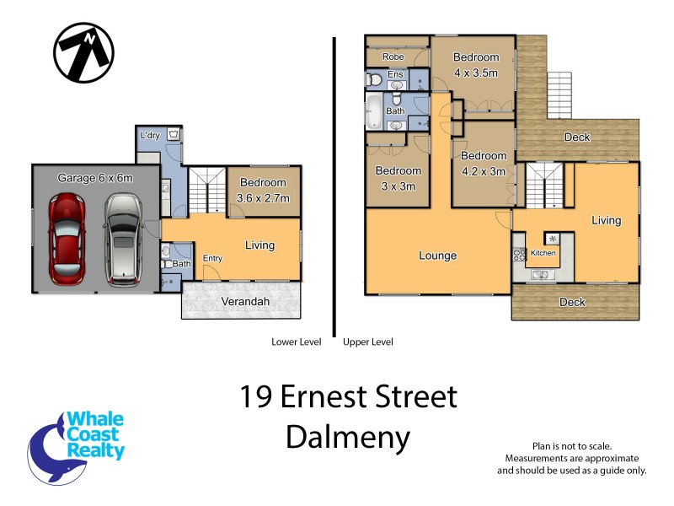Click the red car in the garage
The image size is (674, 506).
pos(67,240)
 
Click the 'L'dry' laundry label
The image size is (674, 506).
pos(151,135)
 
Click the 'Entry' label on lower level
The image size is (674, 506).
pos(212,258)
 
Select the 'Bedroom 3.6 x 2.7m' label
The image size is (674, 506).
pos(263,190)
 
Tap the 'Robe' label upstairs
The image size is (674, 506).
pos(393,57)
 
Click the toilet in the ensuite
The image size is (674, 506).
pos(374,81)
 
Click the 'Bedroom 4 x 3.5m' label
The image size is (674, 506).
pos(476,65)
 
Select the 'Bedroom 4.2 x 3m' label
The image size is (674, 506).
pos(484,163)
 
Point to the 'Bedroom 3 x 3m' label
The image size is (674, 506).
pos(398,178)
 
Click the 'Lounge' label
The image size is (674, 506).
pos(437,256)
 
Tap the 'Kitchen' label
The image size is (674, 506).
pos(543,253)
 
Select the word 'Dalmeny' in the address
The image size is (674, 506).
pos(348,437)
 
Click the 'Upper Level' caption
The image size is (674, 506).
pos(367,342)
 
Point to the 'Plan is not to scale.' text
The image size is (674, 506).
pos(571,445)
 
